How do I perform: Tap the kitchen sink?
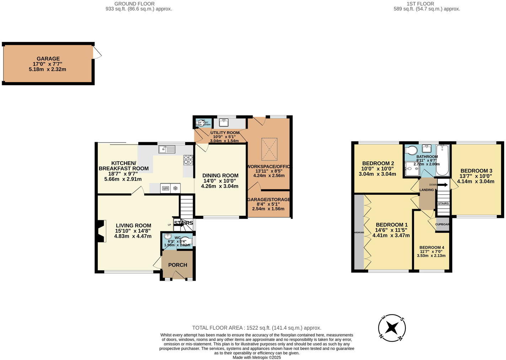point(167,150)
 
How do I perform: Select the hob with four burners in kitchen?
point(188,160)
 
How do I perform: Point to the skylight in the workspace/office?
point(269,149)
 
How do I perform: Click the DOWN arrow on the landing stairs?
point(442,185)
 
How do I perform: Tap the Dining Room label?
point(220,176)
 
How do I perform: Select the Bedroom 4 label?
point(431,248)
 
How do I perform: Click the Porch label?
point(177,265)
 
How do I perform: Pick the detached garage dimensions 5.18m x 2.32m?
point(47,69)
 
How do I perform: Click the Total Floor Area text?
point(257,328)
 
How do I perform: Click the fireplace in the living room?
point(101,231)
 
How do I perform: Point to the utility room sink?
point(224,123)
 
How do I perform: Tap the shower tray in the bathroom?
point(412,169)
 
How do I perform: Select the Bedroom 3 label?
point(476,171)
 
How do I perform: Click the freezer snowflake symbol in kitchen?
point(176,188)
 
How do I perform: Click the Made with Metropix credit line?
point(257,358)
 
